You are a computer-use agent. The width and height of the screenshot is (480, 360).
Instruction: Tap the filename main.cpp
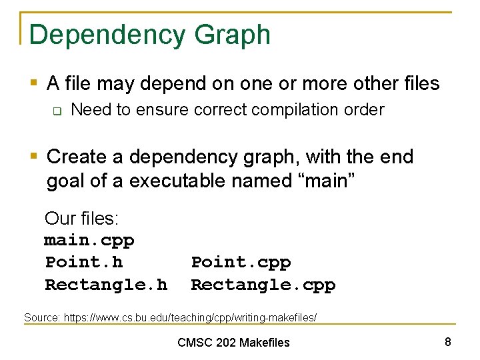coord(89,240)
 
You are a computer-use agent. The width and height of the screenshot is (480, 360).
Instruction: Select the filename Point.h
coord(84,262)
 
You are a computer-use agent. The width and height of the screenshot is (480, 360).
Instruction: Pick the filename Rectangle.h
coord(106,285)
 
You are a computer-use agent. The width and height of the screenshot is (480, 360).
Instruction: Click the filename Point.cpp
coord(241,262)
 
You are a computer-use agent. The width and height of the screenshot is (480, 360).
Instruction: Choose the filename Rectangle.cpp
coord(263,285)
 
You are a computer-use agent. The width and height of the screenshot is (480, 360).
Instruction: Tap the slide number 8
coord(448,342)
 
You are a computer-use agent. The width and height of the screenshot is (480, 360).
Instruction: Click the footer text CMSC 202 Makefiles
coord(233,343)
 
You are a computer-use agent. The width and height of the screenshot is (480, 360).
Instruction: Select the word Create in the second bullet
coord(77,157)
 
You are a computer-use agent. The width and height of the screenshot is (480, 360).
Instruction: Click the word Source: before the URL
coord(42,318)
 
